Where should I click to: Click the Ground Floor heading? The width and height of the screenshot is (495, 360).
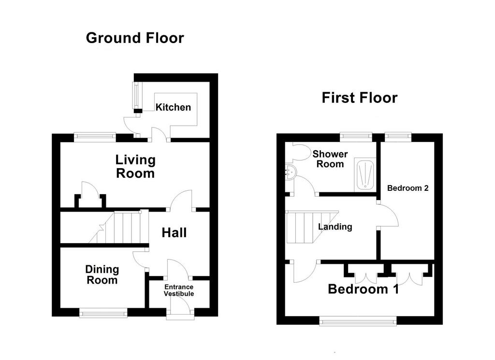(135, 38)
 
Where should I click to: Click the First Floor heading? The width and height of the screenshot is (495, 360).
(360, 98)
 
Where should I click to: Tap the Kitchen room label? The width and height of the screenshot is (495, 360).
(173, 107)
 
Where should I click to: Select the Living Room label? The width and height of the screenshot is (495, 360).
(135, 167)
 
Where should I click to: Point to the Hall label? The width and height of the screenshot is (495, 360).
(174, 233)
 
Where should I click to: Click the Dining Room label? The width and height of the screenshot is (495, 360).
(102, 275)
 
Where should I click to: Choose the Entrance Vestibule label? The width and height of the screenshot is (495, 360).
(179, 290)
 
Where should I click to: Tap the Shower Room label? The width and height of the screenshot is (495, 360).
(330, 159)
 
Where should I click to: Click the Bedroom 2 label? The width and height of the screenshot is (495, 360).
(408, 188)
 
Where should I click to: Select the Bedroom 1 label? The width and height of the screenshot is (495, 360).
(364, 289)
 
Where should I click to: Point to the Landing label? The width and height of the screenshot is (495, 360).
(335, 227)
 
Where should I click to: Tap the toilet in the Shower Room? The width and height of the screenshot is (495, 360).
(302, 151)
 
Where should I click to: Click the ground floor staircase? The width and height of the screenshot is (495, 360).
(119, 227)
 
